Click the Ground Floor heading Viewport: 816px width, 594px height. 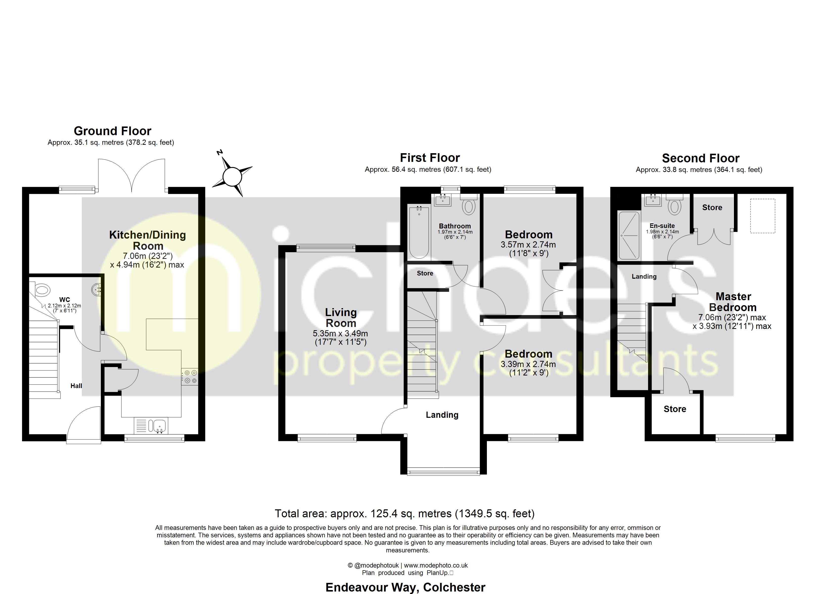(112, 131)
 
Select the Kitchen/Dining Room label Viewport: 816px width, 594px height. (148, 240)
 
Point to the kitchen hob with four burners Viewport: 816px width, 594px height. (190, 376)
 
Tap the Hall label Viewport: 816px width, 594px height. (76, 386)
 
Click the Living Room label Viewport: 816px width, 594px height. (341, 318)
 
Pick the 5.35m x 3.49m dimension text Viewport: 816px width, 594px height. (340, 334)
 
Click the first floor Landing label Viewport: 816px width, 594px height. (442, 415)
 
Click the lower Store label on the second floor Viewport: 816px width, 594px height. (675, 409)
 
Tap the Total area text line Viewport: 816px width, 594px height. (404, 513)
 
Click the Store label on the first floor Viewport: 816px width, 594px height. (425, 273)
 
